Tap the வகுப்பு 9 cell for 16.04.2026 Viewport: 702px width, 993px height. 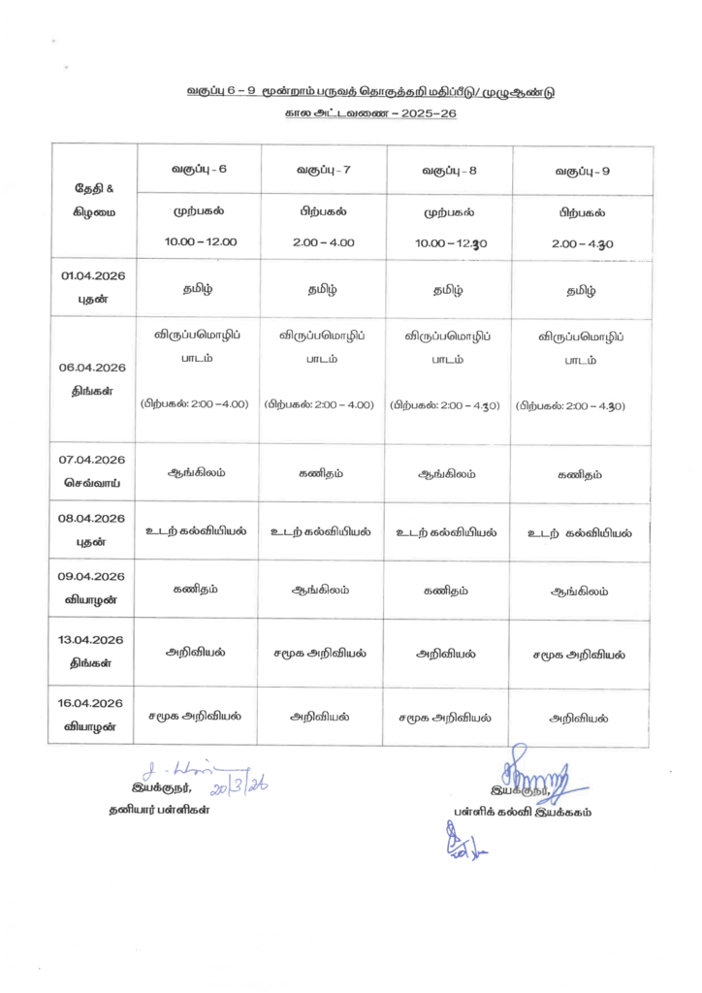pyautogui.click(x=579, y=719)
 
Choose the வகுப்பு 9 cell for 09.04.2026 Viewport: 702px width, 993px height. pyautogui.click(x=579, y=590)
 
